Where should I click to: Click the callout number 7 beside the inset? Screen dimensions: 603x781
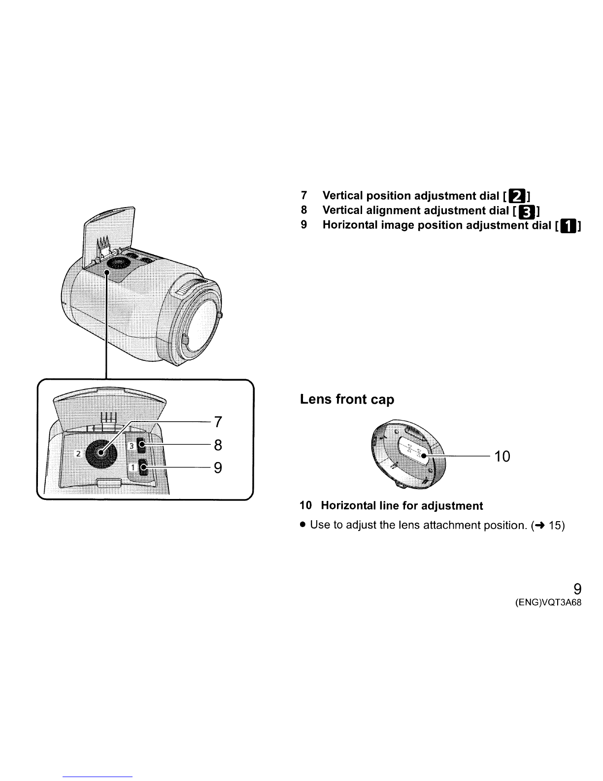(219, 423)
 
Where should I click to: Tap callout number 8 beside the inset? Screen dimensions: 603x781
(219, 445)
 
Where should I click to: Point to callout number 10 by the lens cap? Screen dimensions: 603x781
(502, 457)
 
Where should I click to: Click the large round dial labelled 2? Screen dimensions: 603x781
(100, 452)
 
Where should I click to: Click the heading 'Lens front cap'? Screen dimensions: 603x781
(347, 399)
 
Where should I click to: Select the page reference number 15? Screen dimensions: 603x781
(556, 526)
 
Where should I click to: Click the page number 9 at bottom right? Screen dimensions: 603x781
(577, 589)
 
